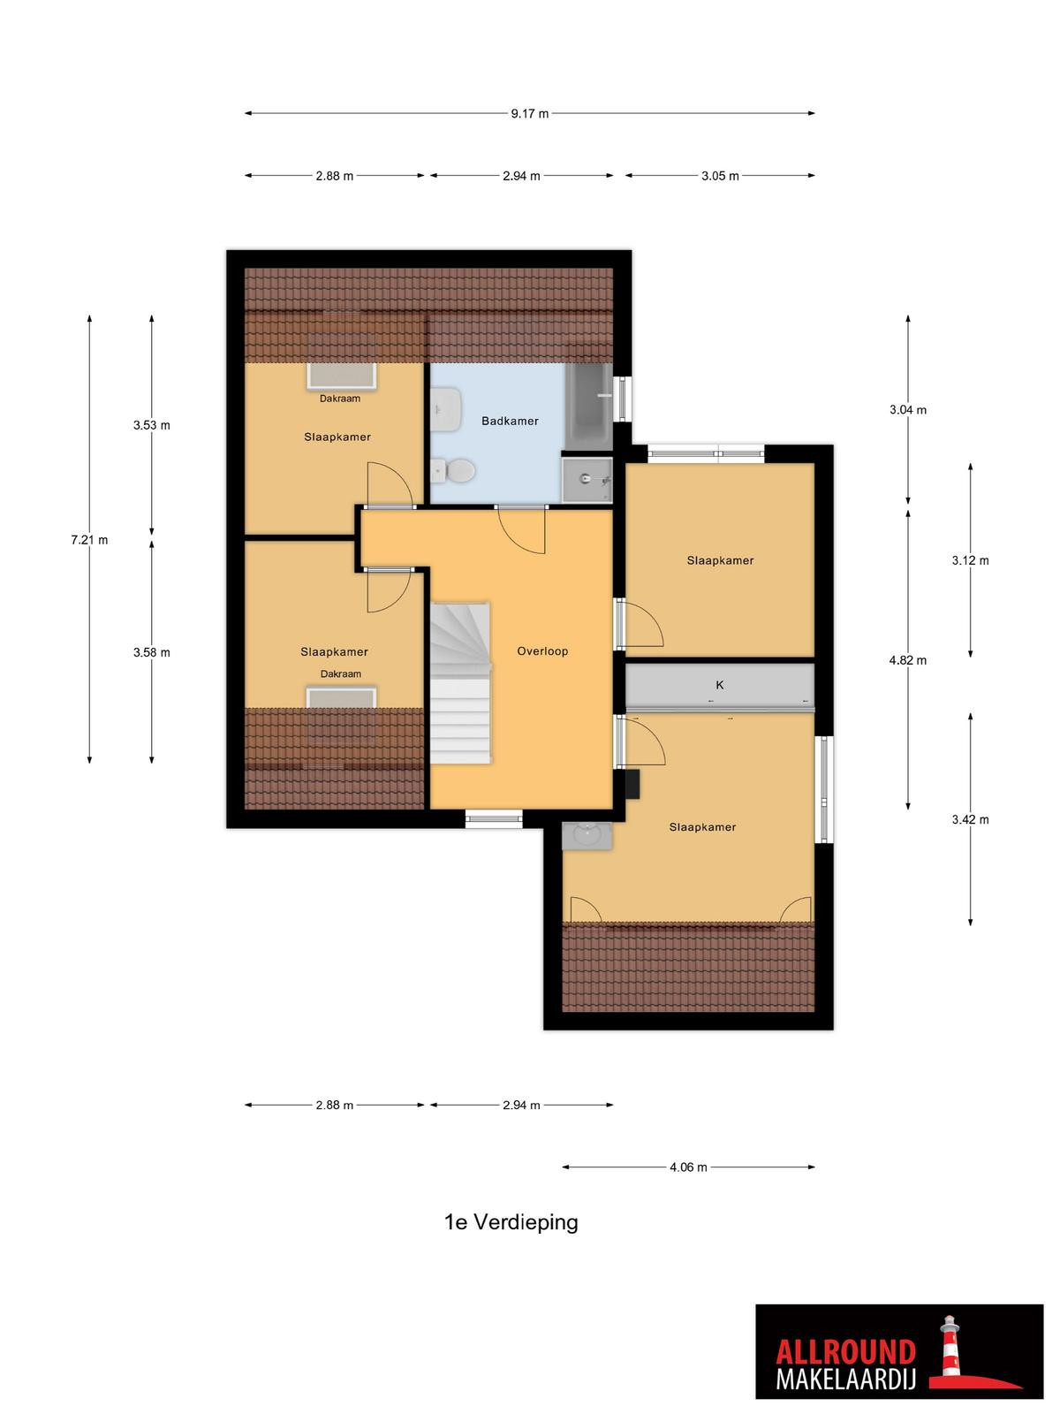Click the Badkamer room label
[510, 421]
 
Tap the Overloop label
[542, 650]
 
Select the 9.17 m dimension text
[530, 113]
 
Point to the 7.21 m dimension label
[89, 540]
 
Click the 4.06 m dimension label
[688, 1167]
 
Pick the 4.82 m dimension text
[907, 659]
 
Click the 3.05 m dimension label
[720, 175]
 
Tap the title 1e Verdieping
[511, 1222]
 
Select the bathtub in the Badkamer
[589, 407]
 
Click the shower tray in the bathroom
[587, 479]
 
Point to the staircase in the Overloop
[460, 683]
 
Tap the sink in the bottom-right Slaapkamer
[587, 835]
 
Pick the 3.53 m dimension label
[152, 424]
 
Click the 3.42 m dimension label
[970, 819]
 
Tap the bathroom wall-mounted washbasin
[445, 409]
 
